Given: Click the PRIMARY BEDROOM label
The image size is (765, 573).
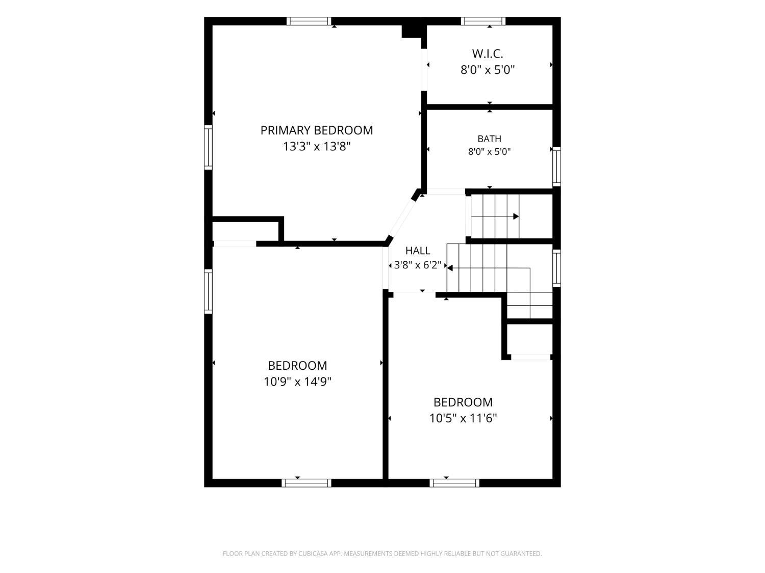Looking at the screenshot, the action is point(317,130).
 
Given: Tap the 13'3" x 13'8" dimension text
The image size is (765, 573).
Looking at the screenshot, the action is point(317,147).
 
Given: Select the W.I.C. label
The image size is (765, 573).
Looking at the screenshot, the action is point(488,53).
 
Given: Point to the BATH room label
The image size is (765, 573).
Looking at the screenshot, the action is point(489,139).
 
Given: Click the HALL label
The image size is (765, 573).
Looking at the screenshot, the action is point(418,251).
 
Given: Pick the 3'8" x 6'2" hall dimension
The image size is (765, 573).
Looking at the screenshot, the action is point(418,265).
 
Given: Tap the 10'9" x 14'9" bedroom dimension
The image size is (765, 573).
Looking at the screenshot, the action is point(297,382).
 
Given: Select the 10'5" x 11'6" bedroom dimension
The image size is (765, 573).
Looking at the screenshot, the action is point(463,418).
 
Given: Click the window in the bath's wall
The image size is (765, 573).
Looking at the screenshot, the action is point(556,167).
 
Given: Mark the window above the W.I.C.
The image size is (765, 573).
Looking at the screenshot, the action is point(483,21).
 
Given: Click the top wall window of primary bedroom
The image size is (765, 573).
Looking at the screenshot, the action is point(309,21).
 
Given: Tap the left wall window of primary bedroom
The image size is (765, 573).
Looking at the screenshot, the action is point(208,147).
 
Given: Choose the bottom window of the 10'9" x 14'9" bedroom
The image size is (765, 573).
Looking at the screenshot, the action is point(307,483).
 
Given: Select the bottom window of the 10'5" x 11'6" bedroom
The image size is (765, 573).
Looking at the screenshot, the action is point(454,483).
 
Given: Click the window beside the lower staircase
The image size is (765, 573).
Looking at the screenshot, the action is point(556,268).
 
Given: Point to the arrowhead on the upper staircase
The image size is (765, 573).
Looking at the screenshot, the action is point(516,216).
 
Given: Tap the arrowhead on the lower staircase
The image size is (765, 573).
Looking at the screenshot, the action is point(450,268).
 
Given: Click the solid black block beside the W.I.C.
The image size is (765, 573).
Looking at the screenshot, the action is point(414,31).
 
